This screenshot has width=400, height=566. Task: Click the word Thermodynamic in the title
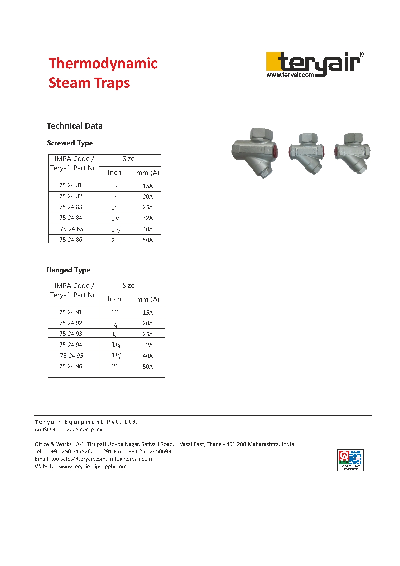[x=103, y=64]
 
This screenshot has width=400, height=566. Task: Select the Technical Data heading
[x=75, y=126]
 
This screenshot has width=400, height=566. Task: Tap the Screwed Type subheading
[x=70, y=143]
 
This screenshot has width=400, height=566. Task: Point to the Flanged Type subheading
[x=68, y=270]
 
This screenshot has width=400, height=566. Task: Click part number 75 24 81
[x=71, y=185]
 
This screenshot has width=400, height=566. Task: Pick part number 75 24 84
[x=71, y=218]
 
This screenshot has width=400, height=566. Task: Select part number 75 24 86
[x=71, y=240]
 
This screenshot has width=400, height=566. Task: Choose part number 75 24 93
[x=71, y=334]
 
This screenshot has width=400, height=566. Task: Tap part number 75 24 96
[x=71, y=366]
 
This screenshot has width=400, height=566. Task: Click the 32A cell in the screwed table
[x=148, y=218]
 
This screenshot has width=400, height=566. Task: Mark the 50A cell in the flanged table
[x=148, y=367]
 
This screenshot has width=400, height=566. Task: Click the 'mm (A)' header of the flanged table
[x=148, y=299]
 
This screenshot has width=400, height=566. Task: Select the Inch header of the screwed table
[x=114, y=173]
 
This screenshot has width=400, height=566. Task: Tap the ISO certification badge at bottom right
[x=350, y=460]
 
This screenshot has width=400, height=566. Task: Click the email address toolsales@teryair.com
[x=78, y=459]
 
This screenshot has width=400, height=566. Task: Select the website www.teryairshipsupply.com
[x=93, y=467]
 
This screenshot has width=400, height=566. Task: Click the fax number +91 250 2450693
[x=150, y=452]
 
